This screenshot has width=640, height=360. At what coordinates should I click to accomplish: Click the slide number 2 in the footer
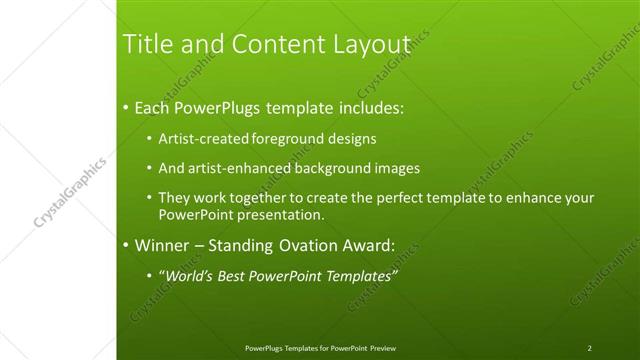coord(590,348)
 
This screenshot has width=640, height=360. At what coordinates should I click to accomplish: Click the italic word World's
coord(190,275)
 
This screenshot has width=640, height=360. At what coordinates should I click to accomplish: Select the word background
coord(330,168)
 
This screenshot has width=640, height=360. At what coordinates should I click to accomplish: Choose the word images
coord(397,168)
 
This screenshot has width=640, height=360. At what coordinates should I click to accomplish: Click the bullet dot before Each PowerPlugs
coord(125,107)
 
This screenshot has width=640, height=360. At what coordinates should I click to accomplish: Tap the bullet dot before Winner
coord(125,244)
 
